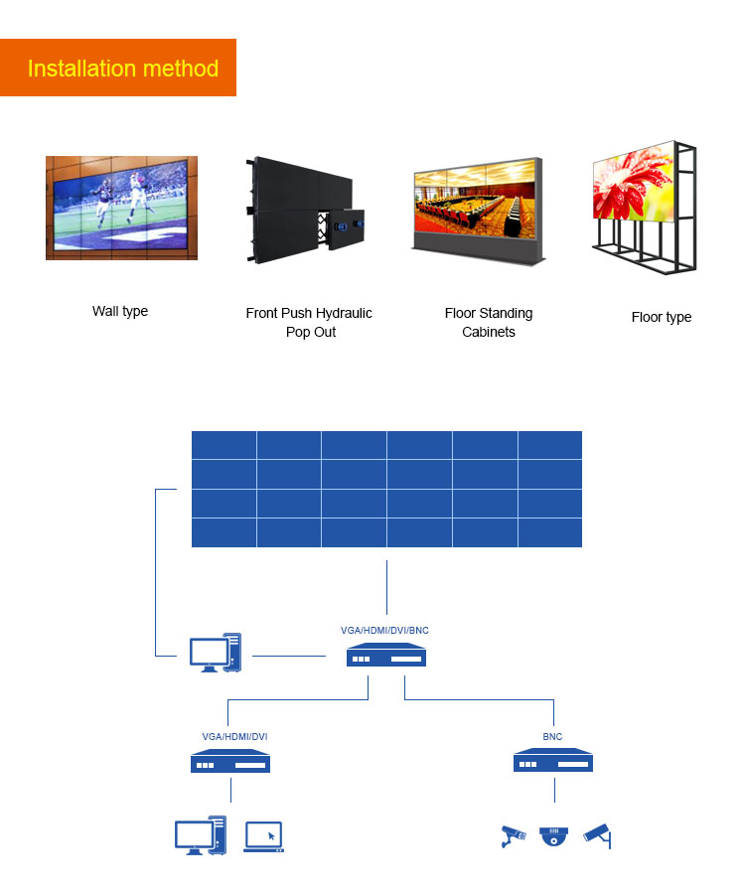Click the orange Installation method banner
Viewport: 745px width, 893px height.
click(x=118, y=68)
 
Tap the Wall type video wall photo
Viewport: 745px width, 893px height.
click(x=121, y=208)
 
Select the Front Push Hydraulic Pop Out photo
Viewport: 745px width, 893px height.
click(x=303, y=209)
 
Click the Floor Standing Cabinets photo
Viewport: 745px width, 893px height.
click(x=478, y=209)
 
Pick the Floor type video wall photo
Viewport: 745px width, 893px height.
click(x=644, y=209)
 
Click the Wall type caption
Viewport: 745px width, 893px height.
click(x=120, y=311)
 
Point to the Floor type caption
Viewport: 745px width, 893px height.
click(x=661, y=317)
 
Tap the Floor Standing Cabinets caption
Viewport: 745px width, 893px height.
click(x=489, y=322)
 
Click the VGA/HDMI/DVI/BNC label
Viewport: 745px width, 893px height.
click(x=384, y=630)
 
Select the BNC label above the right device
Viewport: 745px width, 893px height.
click(x=552, y=736)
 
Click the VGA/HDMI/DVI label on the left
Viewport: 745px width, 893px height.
click(x=234, y=736)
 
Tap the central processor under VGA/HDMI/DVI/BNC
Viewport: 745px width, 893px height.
click(x=386, y=657)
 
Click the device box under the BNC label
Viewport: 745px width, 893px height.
click(x=553, y=763)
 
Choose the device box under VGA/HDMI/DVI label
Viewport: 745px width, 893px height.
click(x=230, y=763)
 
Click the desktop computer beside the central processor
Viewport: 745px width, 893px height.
click(x=216, y=653)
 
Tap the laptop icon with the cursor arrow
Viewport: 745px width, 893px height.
click(x=264, y=836)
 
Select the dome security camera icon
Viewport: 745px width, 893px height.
click(x=553, y=836)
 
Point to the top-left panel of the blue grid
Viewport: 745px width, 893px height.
click(x=223, y=445)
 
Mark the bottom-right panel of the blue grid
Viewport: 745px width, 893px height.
click(x=549, y=532)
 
